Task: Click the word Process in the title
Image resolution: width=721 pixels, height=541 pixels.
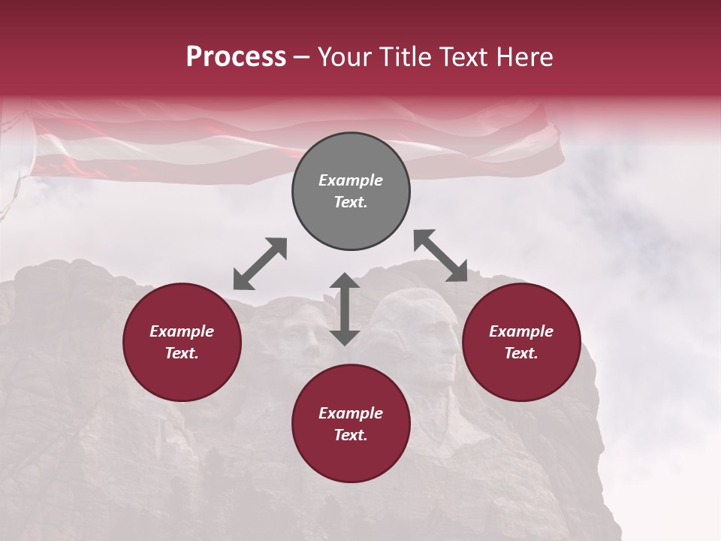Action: coord(236,57)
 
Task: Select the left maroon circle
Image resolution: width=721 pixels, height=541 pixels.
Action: coord(182,343)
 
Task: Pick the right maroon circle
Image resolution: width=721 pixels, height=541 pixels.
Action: coord(521,343)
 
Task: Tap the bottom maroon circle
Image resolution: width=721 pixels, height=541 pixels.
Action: coord(351,424)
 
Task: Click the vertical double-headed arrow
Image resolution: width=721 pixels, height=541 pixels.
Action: coord(345,309)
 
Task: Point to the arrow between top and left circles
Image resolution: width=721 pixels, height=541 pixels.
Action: coord(260,264)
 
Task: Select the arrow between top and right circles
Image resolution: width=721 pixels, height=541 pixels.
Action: coord(441,255)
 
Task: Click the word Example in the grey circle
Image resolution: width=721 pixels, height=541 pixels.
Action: coord(351,180)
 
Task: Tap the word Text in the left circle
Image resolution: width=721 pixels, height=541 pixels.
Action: coord(182,353)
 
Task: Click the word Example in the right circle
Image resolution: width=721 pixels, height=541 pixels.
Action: coord(521,331)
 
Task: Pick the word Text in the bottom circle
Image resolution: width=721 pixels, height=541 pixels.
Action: coord(351,435)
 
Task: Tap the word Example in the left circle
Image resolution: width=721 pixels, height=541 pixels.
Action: coord(182,331)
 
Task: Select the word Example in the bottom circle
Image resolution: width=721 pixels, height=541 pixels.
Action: coord(351,413)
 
